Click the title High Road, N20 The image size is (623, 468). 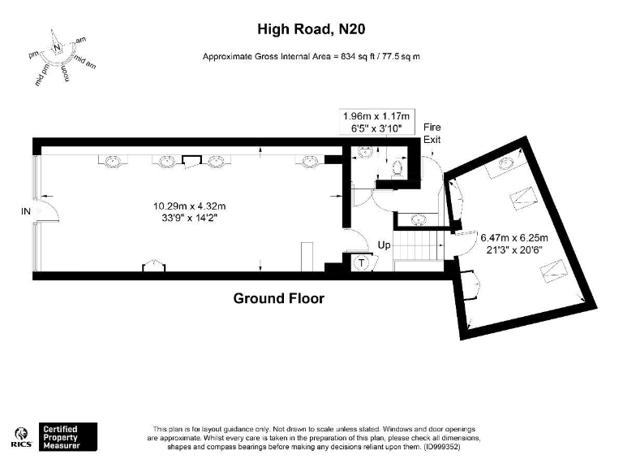[x=310, y=30]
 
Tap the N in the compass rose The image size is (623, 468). [x=57, y=47]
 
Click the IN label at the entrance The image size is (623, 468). [x=26, y=211]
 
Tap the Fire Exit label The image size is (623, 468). [x=432, y=134]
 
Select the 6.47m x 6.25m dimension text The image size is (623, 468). [x=514, y=243]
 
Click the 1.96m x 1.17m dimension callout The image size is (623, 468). [x=379, y=121]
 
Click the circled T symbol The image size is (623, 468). [x=361, y=262]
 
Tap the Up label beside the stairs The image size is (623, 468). [x=385, y=245]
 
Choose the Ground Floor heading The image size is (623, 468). [x=278, y=298]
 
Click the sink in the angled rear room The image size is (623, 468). [x=505, y=165]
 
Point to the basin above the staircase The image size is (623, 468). [x=419, y=219]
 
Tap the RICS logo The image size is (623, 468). [x=22, y=436]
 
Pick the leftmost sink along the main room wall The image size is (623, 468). [x=111, y=161]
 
